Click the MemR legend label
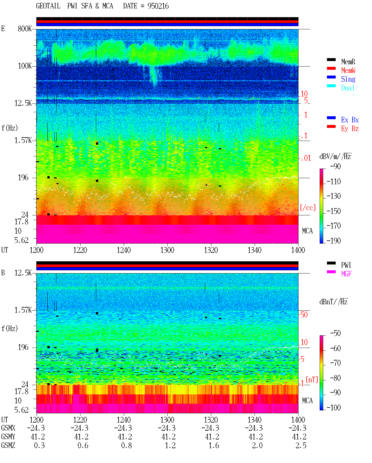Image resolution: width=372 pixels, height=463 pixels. pyautogui.click(x=348, y=62)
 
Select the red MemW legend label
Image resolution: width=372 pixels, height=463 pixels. pyautogui.click(x=348, y=70)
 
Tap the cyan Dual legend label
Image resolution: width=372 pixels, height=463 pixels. pyautogui.click(x=348, y=88)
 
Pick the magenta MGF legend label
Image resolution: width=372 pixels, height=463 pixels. pyautogui.click(x=346, y=274)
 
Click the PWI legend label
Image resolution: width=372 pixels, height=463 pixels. pyautogui.click(x=346, y=265)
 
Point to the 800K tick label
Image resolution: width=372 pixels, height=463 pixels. pyautogui.click(x=25, y=28)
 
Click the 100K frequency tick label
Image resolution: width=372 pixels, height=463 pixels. pyautogui.click(x=25, y=66)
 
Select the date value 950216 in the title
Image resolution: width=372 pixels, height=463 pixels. pyautogui.click(x=158, y=6)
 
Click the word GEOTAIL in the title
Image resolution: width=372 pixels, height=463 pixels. pyautogui.click(x=48, y=6)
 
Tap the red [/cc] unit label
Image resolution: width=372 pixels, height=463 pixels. pyautogui.click(x=308, y=208)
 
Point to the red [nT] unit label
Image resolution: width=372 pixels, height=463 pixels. pyautogui.click(x=312, y=380)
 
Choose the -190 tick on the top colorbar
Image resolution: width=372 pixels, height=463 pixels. pyautogui.click(x=334, y=241)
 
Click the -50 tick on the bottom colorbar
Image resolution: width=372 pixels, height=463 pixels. pyautogui.click(x=335, y=333)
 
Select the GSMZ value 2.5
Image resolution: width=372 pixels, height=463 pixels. pyautogui.click(x=301, y=446)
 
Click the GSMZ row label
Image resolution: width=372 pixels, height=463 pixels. pyautogui.click(x=8, y=445)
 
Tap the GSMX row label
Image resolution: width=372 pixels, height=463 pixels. pyautogui.click(x=8, y=428)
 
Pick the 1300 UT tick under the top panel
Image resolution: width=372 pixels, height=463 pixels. pyautogui.click(x=167, y=250)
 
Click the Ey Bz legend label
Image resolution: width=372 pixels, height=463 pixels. pyautogui.click(x=350, y=129)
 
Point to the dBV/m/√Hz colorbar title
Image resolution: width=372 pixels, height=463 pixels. pyautogui.click(x=335, y=156)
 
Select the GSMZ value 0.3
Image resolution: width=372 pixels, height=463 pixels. pyautogui.click(x=39, y=446)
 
